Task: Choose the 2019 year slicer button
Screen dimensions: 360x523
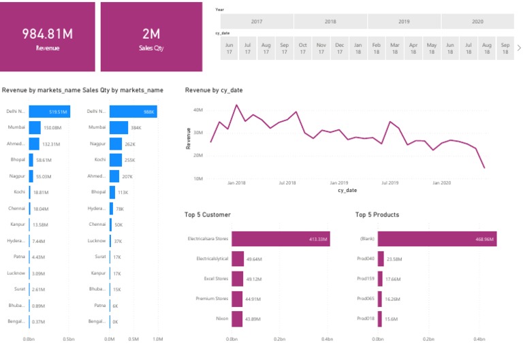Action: (404, 22)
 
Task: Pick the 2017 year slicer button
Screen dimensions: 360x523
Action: (257, 22)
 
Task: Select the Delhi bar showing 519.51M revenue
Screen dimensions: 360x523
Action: (49, 112)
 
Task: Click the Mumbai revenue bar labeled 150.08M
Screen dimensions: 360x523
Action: (35, 127)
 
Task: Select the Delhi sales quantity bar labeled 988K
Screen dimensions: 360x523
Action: (133, 112)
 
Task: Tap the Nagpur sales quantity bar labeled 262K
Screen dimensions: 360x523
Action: (116, 144)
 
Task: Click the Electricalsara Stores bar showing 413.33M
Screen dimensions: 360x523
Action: (281, 239)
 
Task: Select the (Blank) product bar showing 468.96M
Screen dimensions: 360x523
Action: (437, 239)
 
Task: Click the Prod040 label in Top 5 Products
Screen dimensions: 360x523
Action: (366, 259)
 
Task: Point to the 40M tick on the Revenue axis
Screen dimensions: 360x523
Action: (199, 110)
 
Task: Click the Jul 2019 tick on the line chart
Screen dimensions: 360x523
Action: (390, 182)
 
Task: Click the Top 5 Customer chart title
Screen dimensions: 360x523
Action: (207, 215)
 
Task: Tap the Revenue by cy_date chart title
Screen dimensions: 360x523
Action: (214, 90)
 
